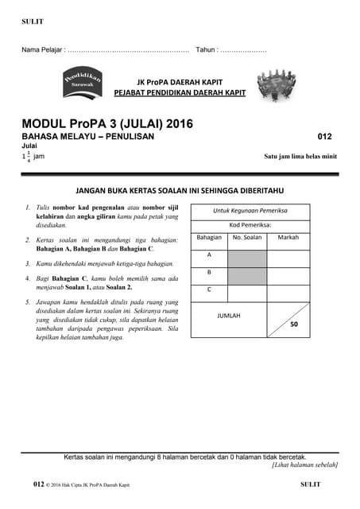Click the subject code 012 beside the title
324,137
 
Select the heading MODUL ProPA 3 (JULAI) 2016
106,124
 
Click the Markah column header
288,237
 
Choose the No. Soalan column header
247,237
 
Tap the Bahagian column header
209,237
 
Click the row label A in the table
209,254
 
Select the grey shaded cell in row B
247,275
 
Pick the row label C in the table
209,289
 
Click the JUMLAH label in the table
229,316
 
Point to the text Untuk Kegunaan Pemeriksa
250,211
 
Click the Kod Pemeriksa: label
250,224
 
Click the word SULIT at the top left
33,21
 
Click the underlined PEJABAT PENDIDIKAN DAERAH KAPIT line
180,93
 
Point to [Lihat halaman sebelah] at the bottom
304,464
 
